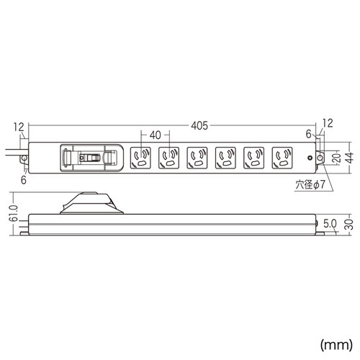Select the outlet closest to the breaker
140,157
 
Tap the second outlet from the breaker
168,157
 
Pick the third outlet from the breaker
197,157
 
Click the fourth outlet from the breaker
225,157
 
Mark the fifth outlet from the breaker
253,157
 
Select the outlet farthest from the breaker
282,157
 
